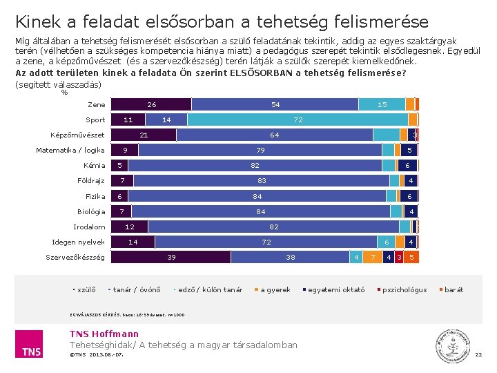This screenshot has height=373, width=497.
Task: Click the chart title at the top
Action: click(222, 22)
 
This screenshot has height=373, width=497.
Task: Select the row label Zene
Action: click(97, 105)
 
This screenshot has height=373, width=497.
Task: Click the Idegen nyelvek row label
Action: click(79, 242)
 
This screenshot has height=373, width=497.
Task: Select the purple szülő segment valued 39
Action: click(171, 257)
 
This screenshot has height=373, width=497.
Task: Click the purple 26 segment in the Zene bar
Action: click(151, 104)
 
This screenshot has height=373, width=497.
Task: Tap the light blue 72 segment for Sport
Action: click(298, 119)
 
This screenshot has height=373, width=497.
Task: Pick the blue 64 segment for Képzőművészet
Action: click(274, 135)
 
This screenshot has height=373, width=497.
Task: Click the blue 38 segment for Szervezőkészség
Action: click(291, 257)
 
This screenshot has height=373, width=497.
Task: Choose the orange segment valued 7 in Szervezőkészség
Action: click(373, 257)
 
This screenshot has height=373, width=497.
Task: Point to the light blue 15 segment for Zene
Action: click(382, 104)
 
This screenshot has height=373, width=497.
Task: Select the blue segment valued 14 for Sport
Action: click(166, 119)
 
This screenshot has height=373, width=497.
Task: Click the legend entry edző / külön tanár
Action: click(210, 289)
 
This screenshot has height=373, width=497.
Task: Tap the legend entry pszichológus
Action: click(404, 289)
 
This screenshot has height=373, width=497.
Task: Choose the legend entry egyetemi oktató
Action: click(335, 289)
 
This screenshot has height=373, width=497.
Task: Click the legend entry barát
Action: click(454, 289)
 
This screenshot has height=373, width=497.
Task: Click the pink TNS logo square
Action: click(30, 344)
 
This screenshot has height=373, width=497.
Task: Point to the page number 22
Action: click(478, 355)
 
